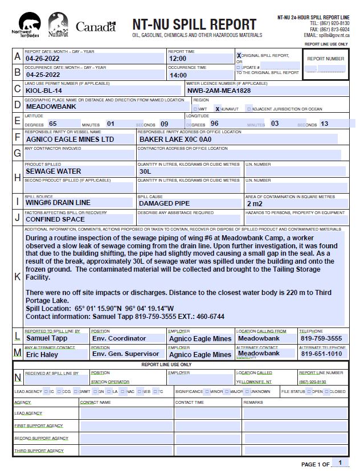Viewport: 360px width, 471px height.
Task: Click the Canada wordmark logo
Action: coord(95,27)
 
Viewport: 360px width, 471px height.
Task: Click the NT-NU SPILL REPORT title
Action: coord(194,24)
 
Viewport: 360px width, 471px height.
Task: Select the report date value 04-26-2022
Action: coord(43,59)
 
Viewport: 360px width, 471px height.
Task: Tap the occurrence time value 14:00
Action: coord(178,75)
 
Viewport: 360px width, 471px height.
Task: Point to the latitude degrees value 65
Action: coord(53,124)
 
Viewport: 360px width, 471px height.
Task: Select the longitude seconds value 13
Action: coord(324,124)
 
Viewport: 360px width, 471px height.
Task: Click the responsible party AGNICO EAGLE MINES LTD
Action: coord(70,140)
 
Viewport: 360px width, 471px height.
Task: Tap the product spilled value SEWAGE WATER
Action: coord(54,171)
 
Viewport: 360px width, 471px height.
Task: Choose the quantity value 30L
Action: coord(145,171)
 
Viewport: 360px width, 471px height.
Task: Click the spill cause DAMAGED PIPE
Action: coord(164,203)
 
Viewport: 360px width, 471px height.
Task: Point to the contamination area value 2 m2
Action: coord(255,203)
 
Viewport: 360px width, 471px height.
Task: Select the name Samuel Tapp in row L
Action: coord(46,338)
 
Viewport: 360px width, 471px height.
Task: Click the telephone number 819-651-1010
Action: coord(321,354)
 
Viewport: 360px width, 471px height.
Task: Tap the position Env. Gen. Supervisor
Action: coord(126,354)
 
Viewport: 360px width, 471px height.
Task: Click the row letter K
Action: coord(17,277)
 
